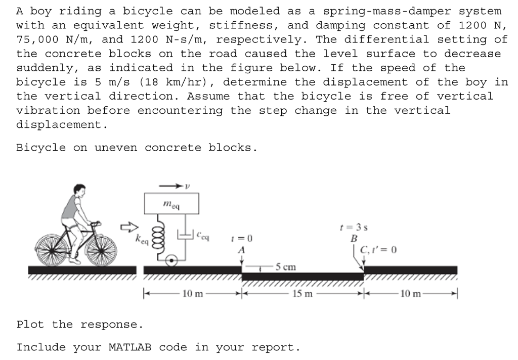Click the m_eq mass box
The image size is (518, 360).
(171, 204)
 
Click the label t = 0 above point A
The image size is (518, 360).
(241, 238)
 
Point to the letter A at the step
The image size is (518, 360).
(241, 249)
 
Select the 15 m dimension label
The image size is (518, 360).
(302, 293)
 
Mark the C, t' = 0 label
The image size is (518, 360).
(378, 249)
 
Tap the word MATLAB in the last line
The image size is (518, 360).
(129, 347)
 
